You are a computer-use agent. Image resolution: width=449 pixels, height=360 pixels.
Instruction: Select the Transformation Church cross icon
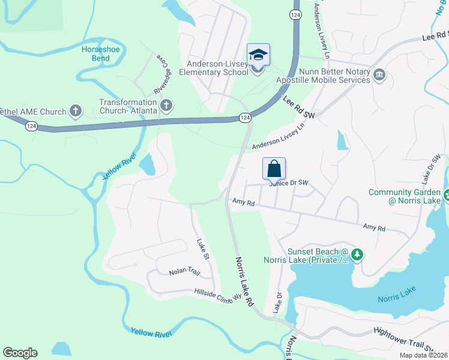(167, 106)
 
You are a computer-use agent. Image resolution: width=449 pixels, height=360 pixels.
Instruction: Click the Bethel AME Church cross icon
(76, 110)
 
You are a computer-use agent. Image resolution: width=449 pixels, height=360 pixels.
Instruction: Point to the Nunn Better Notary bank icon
(379, 75)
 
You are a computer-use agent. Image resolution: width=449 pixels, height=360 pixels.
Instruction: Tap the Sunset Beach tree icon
(358, 255)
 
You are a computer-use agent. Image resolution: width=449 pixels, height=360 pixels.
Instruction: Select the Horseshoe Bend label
(96, 53)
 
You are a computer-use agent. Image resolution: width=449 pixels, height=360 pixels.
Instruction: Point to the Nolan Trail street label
(184, 272)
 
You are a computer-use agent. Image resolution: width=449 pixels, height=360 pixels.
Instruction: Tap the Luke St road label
(202, 250)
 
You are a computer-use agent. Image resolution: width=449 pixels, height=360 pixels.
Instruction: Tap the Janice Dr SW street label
(291, 182)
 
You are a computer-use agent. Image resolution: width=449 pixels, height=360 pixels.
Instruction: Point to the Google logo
(20, 353)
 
